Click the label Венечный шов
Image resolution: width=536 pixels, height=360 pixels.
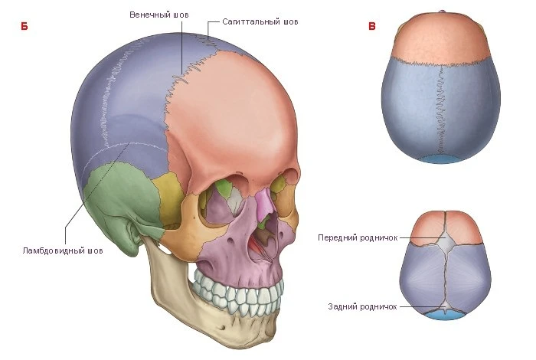tap(159, 15)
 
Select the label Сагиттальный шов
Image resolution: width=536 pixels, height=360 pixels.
tap(260, 22)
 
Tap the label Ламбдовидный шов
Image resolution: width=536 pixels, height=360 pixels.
tap(63, 250)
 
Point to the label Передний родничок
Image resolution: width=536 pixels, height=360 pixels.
tap(358, 237)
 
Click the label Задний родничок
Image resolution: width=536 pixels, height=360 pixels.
tap(363, 306)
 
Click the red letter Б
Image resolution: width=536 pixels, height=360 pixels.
tap(25, 26)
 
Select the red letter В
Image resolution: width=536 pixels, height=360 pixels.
tap(372, 26)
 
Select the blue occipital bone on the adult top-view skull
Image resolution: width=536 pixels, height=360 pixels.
tap(440, 159)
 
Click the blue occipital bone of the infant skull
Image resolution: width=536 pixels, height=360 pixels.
tap(444, 316)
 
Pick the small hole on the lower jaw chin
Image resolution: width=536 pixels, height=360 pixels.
tap(223, 328)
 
